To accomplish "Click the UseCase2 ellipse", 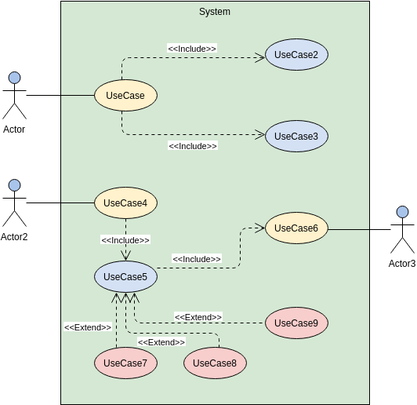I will coord(296,55).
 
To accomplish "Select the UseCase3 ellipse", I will coord(296,136).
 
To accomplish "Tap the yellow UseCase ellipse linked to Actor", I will coord(125,96).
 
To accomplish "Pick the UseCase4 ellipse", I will coord(125,203).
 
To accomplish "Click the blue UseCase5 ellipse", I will coord(125,276).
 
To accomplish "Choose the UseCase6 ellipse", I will coord(296,228).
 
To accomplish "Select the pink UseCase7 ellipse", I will coord(125,363).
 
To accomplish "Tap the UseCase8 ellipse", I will coord(215,363).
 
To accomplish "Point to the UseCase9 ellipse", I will coord(296,323).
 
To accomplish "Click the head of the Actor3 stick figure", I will coord(402,212).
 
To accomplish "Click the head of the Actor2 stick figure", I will coord(14,186).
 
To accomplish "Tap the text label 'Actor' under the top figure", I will coord(14,130).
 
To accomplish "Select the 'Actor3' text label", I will coord(402,263).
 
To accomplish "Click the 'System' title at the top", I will coord(215,12).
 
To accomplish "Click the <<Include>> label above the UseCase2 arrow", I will coord(192,49).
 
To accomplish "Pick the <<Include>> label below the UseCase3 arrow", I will coord(192,146).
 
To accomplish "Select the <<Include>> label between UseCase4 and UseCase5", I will coord(125,240).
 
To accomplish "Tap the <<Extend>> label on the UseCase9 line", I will coord(198,317).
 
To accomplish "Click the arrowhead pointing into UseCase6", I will coord(261,228).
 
